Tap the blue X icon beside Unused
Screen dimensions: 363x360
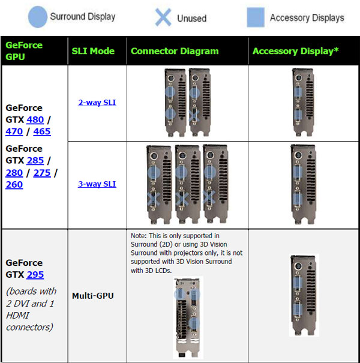pyautogui.click(x=163, y=17)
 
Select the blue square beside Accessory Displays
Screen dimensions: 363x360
pyautogui.click(x=256, y=17)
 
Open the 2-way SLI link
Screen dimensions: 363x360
pyautogui.click(x=97, y=103)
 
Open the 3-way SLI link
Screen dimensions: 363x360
pyautogui.click(x=97, y=184)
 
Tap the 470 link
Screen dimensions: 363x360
pyautogui.click(x=14, y=131)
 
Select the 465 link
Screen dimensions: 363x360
pyautogui.click(x=42, y=131)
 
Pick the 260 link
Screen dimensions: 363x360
pyautogui.click(x=14, y=185)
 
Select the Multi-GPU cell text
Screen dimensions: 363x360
pyautogui.click(x=93, y=295)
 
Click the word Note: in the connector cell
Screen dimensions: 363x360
pyautogui.click(x=139, y=235)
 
